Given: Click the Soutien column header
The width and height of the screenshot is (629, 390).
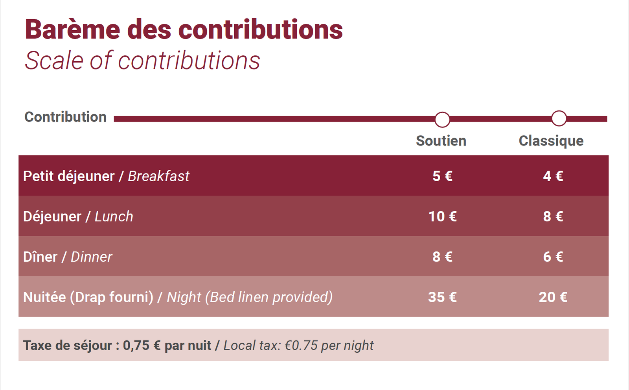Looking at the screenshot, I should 441,141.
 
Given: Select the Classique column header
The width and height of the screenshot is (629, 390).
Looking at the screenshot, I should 551,141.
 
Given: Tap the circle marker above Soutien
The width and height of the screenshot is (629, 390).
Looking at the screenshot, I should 442,120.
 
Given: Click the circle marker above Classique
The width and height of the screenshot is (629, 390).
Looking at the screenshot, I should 559,118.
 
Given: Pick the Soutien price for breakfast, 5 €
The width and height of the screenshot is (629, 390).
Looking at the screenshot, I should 442,176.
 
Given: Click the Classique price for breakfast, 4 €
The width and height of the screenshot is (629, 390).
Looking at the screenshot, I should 553,176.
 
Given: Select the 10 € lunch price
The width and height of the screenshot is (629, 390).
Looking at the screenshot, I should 442,217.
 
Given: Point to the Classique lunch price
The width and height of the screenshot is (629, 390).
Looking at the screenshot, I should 553,217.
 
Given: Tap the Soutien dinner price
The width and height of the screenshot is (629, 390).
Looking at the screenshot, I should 442,257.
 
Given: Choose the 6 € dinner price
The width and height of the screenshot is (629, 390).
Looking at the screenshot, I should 553,257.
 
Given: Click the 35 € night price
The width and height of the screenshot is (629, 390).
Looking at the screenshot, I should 442,297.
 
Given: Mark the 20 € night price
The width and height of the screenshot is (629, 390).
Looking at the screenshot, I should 553,297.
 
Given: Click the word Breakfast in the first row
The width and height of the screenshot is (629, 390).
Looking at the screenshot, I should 158,177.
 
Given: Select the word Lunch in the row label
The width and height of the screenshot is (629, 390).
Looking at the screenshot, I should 114,217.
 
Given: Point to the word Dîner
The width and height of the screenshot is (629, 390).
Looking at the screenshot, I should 40,257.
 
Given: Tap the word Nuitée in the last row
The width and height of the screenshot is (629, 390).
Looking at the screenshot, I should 44,297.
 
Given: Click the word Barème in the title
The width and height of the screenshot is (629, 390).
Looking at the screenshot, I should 72,29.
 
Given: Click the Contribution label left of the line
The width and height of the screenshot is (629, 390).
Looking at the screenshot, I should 65,117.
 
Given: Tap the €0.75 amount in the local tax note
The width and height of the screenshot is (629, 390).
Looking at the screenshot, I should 301,346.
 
